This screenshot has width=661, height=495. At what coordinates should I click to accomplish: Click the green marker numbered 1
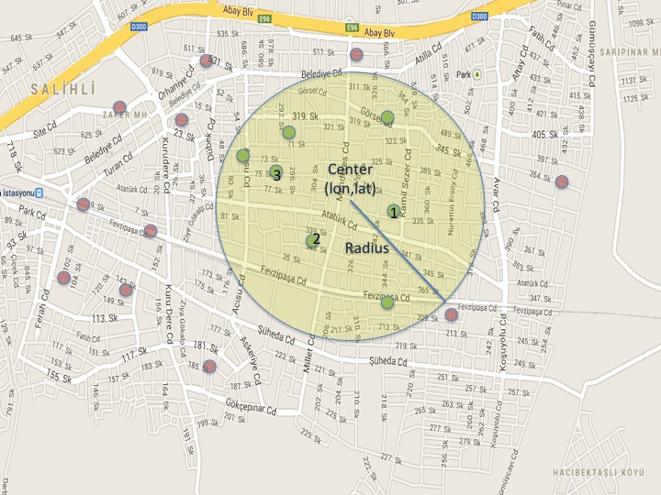point(394,212)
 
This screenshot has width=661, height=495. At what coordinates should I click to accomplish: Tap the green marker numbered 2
point(313,241)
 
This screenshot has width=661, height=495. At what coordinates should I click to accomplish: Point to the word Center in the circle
point(349,170)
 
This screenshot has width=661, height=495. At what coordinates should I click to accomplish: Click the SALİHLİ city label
point(62,89)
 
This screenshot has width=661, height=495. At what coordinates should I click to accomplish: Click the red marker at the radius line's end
point(452,314)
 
